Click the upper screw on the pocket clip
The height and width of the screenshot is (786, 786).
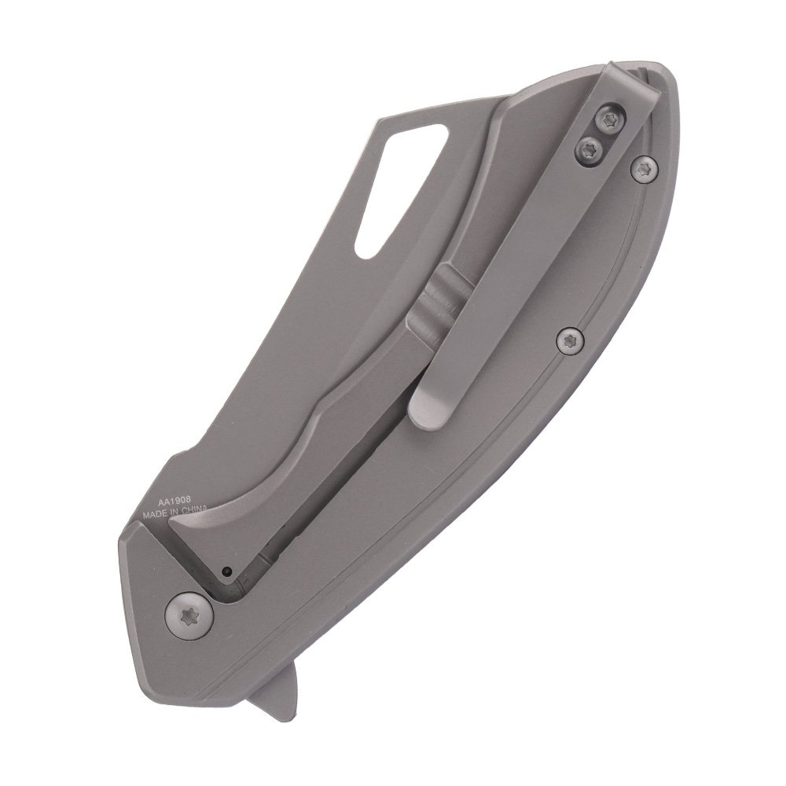(610, 119)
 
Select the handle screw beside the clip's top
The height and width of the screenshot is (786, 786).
(645, 170)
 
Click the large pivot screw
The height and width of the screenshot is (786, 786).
(189, 616)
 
